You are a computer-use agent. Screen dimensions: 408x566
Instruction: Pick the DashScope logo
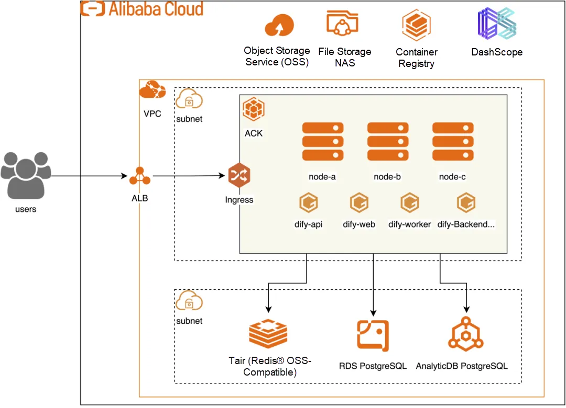coord(497,24)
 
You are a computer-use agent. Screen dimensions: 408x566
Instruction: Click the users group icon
coord(26,176)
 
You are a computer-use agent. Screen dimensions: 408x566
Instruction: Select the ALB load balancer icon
coord(140,176)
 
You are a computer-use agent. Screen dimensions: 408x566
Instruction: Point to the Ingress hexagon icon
coord(239,176)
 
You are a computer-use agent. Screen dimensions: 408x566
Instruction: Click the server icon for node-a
coord(322,141)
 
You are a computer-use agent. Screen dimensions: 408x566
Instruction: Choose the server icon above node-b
coord(387,141)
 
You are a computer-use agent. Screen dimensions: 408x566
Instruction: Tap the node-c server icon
coord(453,141)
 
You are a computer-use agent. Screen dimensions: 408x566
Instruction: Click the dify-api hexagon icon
coord(308,202)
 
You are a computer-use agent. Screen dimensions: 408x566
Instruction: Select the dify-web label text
coord(359,225)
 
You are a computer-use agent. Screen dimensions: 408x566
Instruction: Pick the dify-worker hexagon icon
coord(409,202)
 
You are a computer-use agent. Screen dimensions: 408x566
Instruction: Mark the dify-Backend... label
coord(466,225)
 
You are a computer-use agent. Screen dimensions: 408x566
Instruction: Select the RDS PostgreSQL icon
coord(373,334)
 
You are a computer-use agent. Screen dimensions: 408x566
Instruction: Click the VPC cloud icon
coord(153,90)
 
